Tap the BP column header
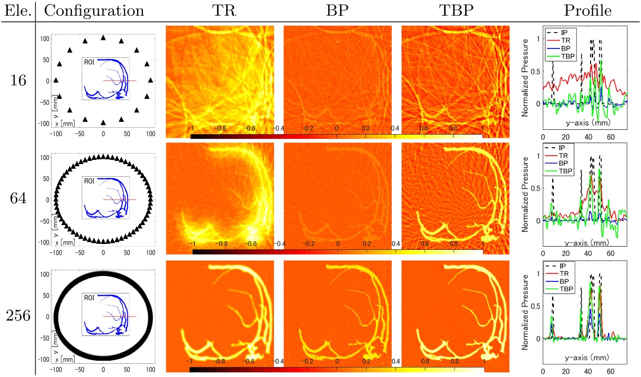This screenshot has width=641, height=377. pos(337,11)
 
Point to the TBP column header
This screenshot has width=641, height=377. pos(455,11)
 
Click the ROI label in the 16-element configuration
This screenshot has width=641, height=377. pos(88,62)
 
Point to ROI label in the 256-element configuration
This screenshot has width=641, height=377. pos(88,298)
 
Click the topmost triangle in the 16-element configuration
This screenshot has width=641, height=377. pos(103,37)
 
